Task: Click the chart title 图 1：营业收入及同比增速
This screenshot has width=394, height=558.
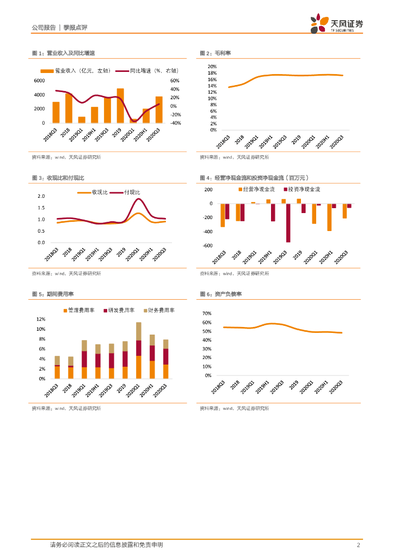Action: (x=64, y=53)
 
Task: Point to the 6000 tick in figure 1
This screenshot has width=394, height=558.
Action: (x=40, y=81)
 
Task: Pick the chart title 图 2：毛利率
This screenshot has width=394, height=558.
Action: (x=216, y=53)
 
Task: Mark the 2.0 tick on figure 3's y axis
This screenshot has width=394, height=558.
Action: (x=41, y=196)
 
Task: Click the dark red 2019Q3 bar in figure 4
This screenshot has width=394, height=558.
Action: (x=288, y=223)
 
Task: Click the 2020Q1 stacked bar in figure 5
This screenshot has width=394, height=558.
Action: (x=139, y=350)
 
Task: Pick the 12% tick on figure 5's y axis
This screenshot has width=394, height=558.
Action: (x=41, y=319)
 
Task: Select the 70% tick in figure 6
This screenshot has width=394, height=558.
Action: (x=206, y=314)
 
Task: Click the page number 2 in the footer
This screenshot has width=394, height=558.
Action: (x=358, y=545)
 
